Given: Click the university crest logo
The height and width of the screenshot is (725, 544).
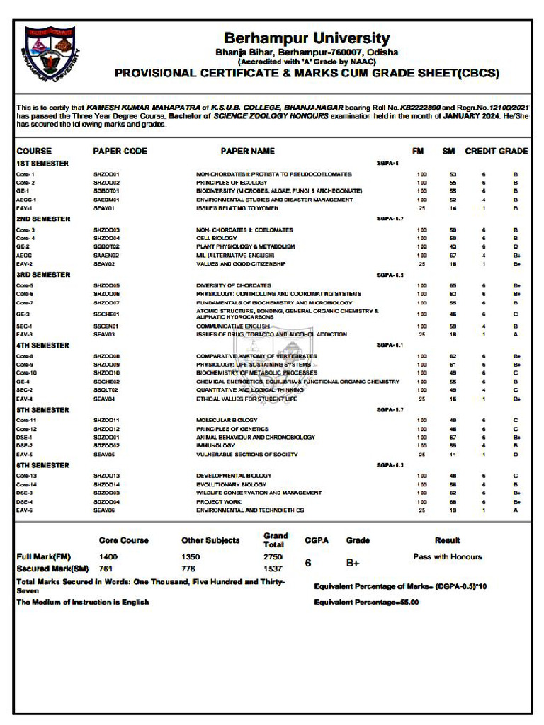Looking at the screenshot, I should click(x=50, y=54).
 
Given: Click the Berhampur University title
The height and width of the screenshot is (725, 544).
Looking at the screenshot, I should click(x=307, y=38).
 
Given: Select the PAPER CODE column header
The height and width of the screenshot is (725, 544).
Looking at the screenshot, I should click(x=120, y=151).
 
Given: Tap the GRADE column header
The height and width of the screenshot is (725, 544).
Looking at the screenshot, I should click(x=513, y=151).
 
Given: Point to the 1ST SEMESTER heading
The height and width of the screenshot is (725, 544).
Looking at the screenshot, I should click(x=42, y=164).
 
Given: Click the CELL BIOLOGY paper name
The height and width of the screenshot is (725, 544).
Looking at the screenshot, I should click(x=216, y=239).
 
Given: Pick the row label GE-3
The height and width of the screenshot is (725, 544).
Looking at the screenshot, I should click(x=23, y=314).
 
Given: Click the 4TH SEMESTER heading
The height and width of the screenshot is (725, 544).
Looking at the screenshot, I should click(x=42, y=346).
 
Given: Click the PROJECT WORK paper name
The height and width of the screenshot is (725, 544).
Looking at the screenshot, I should click(x=219, y=502).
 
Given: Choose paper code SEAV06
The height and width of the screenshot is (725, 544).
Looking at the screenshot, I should click(x=104, y=510).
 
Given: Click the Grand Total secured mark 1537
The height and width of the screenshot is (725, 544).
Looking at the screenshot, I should click(x=273, y=569).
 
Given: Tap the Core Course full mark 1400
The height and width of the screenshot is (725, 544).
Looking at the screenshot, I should click(x=108, y=557).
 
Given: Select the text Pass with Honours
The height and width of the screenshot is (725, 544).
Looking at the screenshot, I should click(x=447, y=556).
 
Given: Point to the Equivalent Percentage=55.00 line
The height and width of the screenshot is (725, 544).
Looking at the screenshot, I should click(x=366, y=602).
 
